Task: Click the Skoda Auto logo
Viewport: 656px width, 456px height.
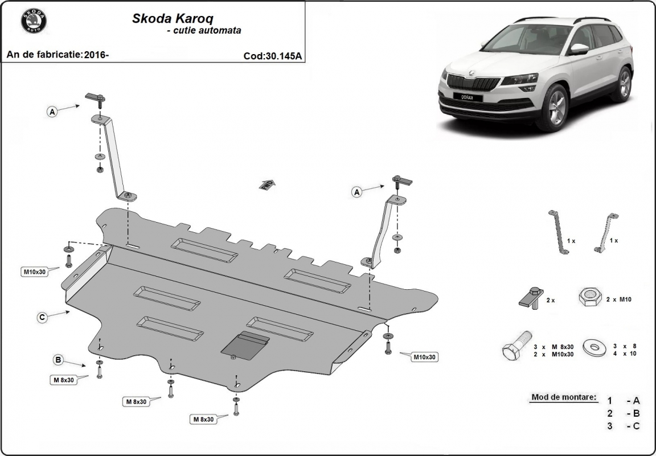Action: coord(34,21)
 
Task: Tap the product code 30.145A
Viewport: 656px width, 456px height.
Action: coord(273,56)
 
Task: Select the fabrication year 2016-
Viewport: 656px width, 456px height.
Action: coord(96,55)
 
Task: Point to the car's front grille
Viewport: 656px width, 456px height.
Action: coord(472,83)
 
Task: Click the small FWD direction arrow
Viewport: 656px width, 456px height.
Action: coord(266,184)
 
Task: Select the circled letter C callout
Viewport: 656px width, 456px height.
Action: coord(42,318)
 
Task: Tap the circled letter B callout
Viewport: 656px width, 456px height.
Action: coord(58,359)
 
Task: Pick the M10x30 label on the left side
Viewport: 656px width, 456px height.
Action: coord(34,272)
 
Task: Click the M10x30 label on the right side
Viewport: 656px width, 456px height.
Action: coord(424,357)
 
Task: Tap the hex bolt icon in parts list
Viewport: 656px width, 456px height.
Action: coord(516,346)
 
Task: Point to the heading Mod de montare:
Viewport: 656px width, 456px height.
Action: coord(564,397)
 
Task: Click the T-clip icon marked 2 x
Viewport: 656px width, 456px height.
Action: coord(531,297)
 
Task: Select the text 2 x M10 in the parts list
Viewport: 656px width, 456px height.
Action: coord(619,299)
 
